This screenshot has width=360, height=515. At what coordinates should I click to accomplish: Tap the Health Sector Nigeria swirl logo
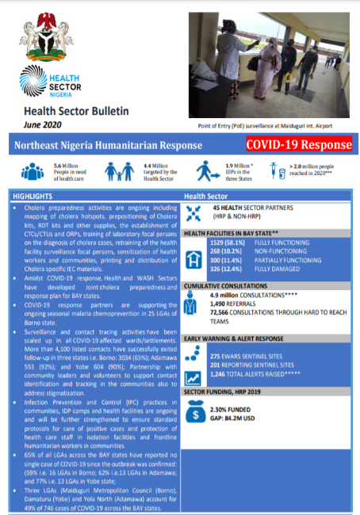(x=36, y=81)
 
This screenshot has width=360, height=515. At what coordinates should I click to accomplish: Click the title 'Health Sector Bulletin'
(x=76, y=112)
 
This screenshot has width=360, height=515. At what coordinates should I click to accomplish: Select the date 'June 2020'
(x=44, y=126)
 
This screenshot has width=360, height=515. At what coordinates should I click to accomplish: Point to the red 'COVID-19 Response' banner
(x=298, y=145)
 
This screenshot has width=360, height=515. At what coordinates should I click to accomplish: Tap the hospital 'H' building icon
(x=193, y=257)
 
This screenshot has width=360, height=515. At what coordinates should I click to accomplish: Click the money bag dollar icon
(x=194, y=412)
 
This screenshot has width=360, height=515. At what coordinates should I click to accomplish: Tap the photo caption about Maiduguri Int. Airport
(x=268, y=126)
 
